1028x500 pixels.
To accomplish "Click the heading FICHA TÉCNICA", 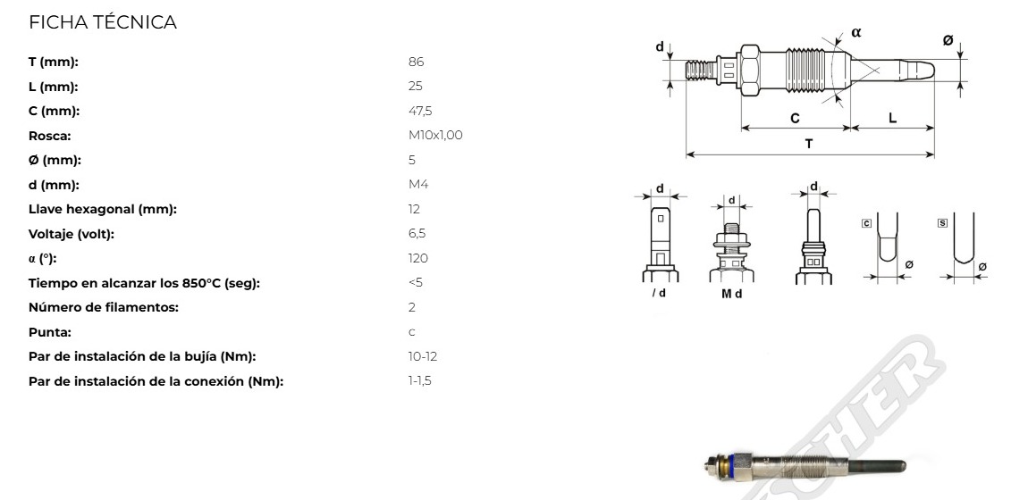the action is click(103, 22).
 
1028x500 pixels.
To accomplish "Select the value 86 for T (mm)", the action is click(417, 62).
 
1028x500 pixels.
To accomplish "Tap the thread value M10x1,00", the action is click(435, 136).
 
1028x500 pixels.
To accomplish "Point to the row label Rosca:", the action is click(50, 136).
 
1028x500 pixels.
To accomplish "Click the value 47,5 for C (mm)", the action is click(420, 112).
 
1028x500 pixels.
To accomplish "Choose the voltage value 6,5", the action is click(417, 234).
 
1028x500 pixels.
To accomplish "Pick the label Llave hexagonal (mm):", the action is click(103, 210).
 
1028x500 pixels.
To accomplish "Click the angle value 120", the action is click(418, 259).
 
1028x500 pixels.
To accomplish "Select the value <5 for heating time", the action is click(416, 283).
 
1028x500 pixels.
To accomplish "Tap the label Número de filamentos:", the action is click(104, 308).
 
